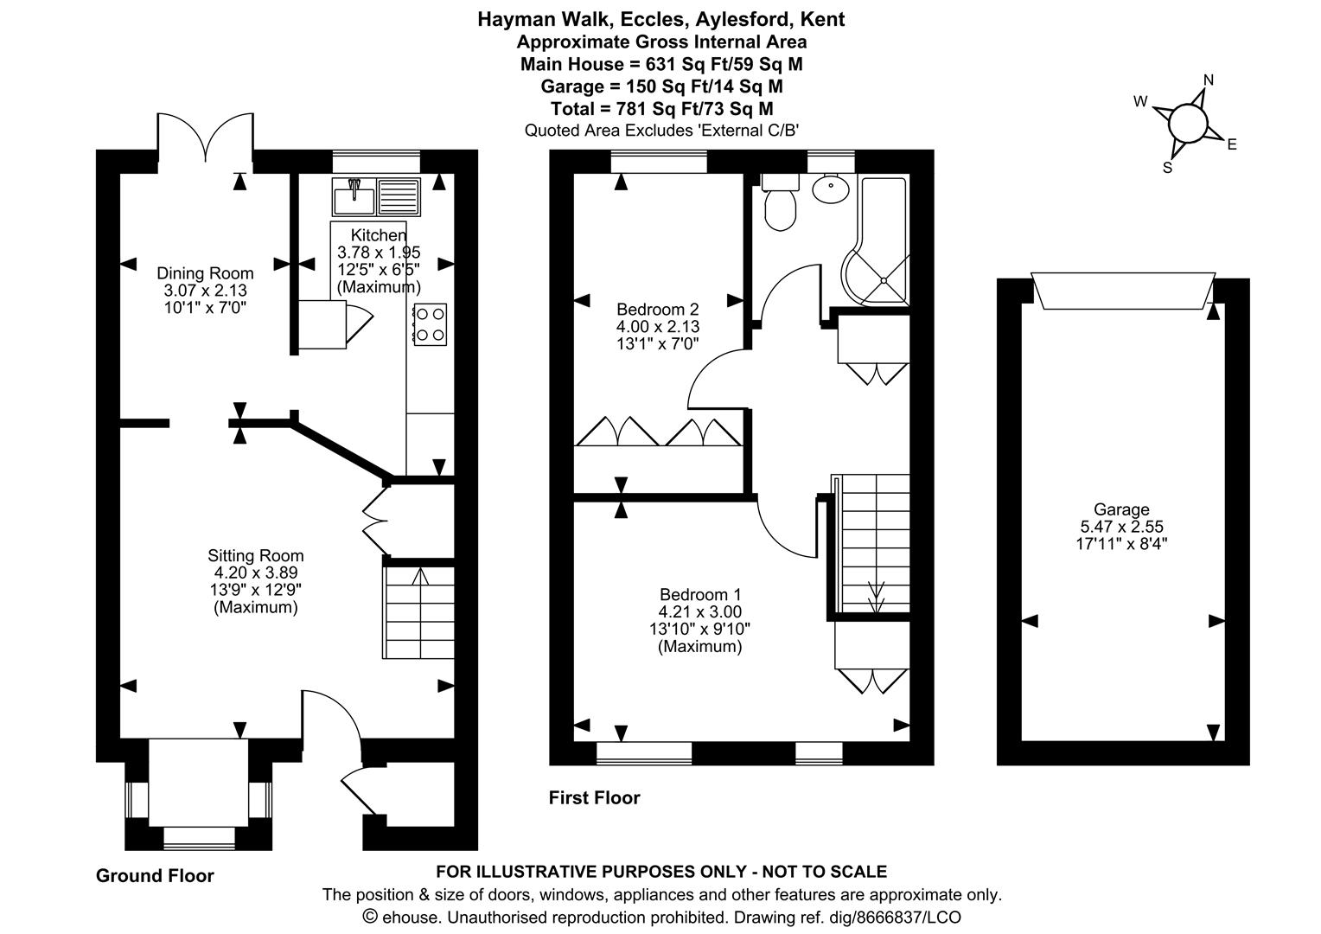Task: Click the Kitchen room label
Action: [x=378, y=235]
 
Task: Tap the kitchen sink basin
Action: [x=353, y=198]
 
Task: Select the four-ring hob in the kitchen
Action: [x=431, y=324]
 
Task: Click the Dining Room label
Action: [x=205, y=273]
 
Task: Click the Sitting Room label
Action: [x=255, y=556]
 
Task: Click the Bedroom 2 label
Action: [x=657, y=310]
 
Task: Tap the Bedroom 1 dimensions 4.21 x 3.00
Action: [x=699, y=612]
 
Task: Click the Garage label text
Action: [x=1121, y=509]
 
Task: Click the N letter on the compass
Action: [x=1209, y=80]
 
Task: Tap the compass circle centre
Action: [x=1187, y=124]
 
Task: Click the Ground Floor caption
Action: [x=155, y=876]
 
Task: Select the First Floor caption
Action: [x=594, y=798]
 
